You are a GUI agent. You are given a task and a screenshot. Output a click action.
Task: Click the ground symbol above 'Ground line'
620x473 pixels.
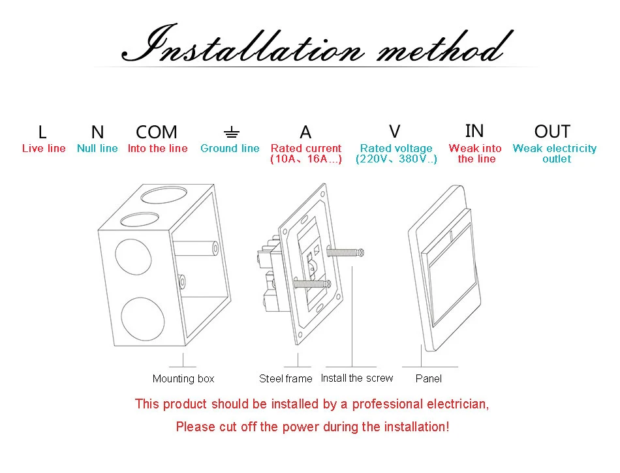tap(231, 133)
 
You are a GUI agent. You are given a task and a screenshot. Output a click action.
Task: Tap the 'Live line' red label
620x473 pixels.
tap(44, 149)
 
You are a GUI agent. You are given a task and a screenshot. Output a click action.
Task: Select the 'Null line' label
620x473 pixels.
tap(97, 149)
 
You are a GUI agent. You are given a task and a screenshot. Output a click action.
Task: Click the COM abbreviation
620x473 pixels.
tap(157, 132)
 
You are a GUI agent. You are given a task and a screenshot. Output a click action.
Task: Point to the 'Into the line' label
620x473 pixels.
tap(157, 149)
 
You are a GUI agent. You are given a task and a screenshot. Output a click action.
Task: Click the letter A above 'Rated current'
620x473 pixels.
tap(305, 132)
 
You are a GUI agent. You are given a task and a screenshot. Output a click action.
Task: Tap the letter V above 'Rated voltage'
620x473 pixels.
tap(395, 132)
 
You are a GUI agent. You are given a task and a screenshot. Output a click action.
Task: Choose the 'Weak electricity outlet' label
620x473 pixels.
tap(555, 153)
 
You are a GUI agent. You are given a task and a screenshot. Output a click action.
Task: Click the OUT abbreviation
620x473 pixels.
tap(552, 132)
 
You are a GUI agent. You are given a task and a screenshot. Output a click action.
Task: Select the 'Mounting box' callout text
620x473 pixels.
tap(183, 379)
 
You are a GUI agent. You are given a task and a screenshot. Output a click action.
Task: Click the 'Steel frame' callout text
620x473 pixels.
tap(286, 379)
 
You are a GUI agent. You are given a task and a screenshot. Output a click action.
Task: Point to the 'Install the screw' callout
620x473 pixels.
tap(357, 378)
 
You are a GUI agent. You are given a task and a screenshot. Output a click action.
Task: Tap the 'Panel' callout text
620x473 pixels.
tap(429, 379)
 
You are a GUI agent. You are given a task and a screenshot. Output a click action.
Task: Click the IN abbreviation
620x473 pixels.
tap(474, 131)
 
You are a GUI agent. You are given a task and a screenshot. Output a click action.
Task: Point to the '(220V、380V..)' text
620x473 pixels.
tap(396, 159)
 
